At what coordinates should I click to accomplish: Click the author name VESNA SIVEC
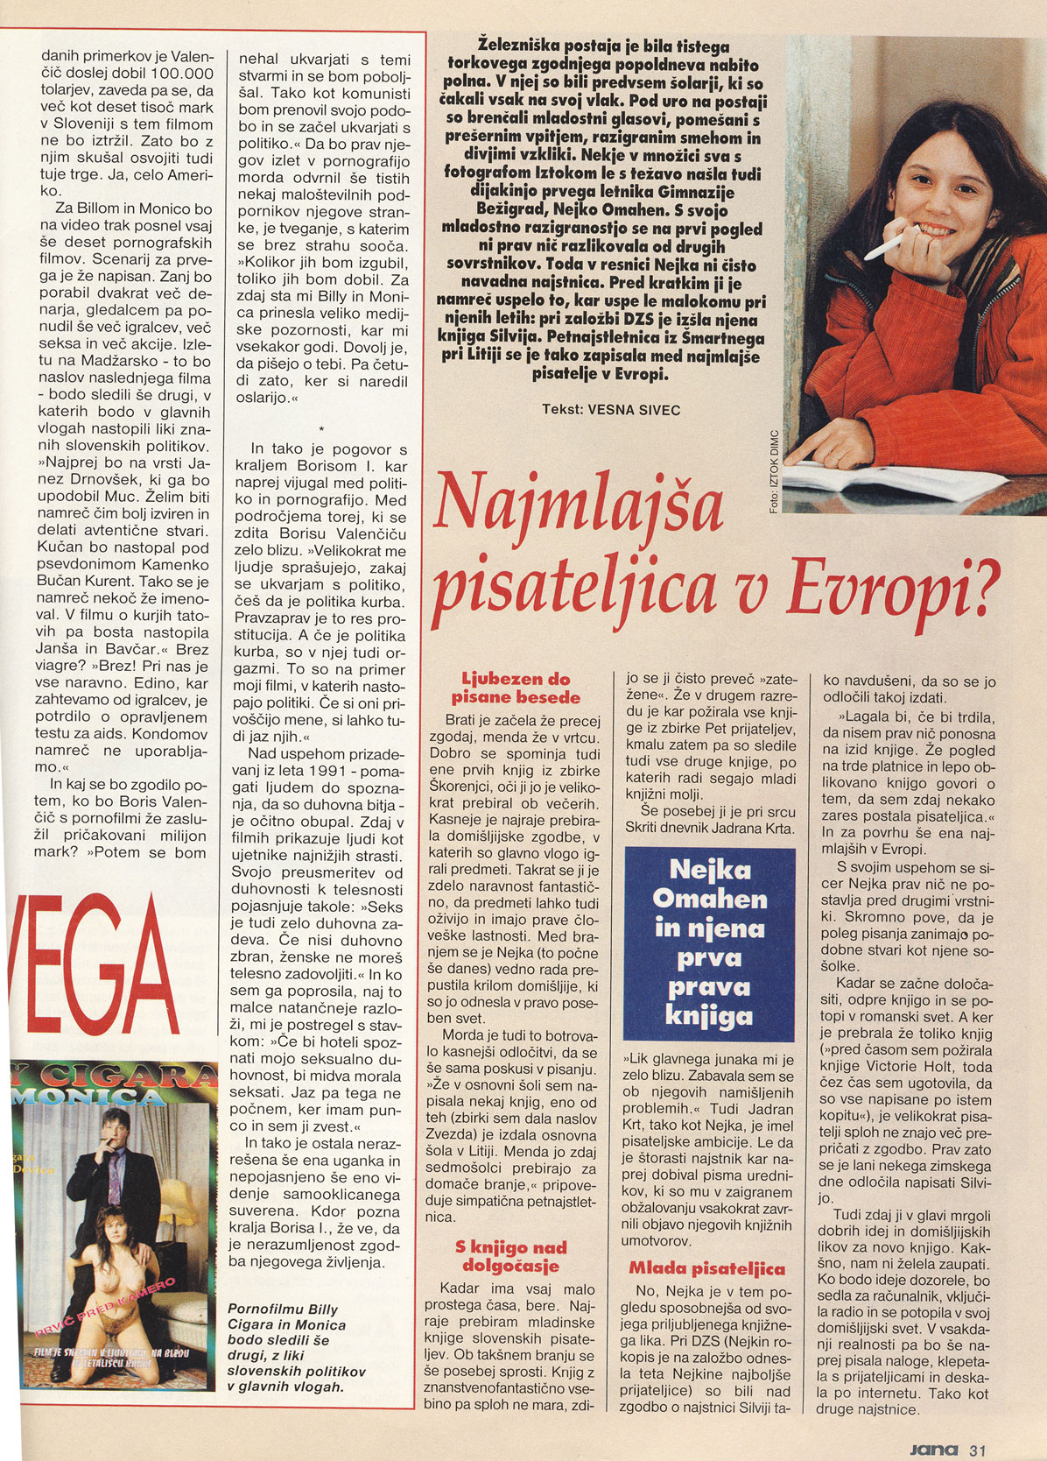click(634, 410)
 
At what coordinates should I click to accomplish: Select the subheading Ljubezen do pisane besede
click(516, 688)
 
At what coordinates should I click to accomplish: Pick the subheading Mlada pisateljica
click(706, 1268)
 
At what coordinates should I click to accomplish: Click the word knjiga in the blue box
click(709, 1015)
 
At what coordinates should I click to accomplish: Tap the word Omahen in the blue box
click(709, 899)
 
